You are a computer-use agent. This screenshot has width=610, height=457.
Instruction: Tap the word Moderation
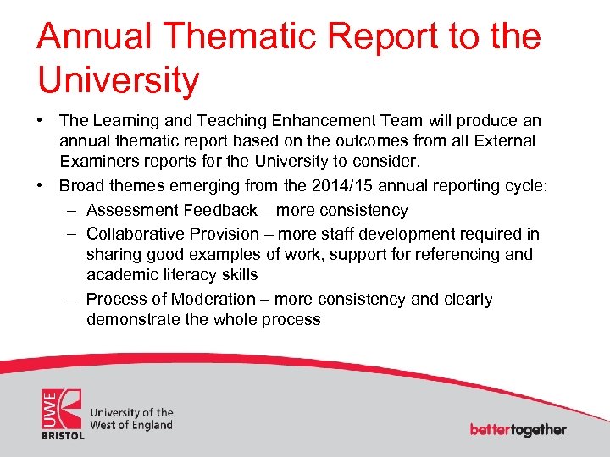pyautogui.click(x=213, y=299)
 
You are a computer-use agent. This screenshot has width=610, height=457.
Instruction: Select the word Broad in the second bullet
pyautogui.click(x=82, y=186)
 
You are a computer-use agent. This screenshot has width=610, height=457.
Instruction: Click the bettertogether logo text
pyautogui.click(x=518, y=429)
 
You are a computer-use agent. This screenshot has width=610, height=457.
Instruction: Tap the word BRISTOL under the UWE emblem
pyautogui.click(x=64, y=435)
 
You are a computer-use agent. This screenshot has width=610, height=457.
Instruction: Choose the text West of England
pyautogui.click(x=130, y=425)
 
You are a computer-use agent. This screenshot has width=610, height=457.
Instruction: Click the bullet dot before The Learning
pyautogui.click(x=42, y=122)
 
